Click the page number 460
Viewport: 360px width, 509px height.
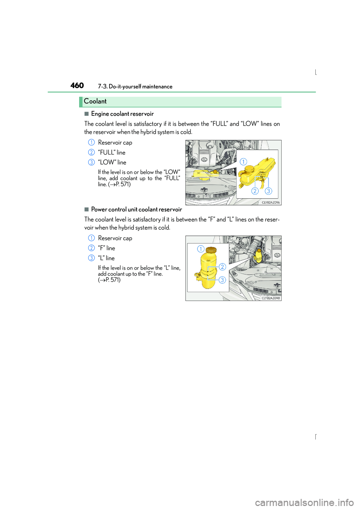pos(77,86)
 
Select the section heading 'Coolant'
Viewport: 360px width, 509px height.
pos(95,101)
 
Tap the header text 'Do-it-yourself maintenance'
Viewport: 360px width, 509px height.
pos(141,87)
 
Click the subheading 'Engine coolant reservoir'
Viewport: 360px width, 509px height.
pos(122,114)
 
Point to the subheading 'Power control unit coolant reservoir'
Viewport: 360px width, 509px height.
pos(136,210)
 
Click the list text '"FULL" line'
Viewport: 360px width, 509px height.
pos(112,153)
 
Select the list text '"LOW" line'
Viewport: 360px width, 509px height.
pos(112,162)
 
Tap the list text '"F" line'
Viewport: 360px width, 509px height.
pos(106,248)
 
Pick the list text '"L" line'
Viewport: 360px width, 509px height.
pos(106,258)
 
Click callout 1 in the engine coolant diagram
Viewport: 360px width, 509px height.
pos(243,162)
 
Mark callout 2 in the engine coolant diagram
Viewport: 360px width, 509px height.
pos(255,191)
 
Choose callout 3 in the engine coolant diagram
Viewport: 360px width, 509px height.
pos(268,191)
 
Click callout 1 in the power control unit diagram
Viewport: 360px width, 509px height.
pos(201,249)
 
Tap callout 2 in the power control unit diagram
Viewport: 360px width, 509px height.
pos(222,267)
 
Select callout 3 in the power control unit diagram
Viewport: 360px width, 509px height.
pos(222,280)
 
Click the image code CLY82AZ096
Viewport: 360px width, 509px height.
pos(271,202)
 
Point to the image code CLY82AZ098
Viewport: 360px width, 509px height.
pos(271,298)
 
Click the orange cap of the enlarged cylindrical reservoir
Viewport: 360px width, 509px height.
pos(210,250)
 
